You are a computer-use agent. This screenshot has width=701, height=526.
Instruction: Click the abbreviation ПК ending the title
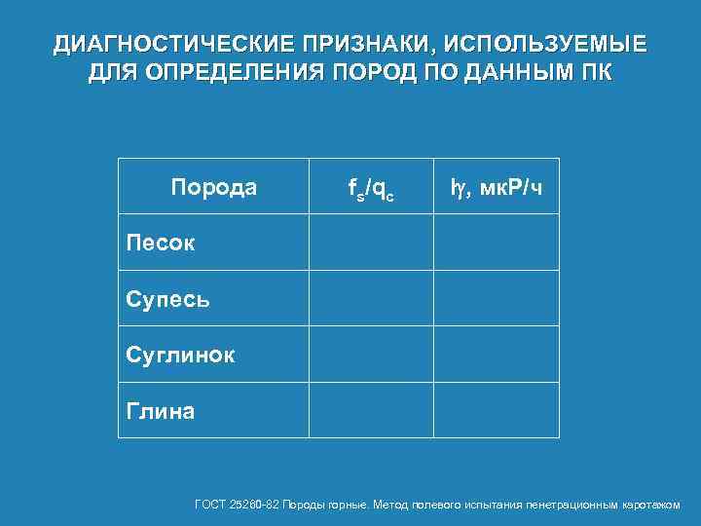(595, 73)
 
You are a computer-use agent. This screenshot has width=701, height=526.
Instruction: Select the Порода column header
(214, 187)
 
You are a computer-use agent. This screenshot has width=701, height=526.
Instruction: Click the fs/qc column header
(371, 187)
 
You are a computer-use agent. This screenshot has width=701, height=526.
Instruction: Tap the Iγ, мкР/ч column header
(496, 187)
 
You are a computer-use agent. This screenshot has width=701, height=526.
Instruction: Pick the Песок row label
(161, 243)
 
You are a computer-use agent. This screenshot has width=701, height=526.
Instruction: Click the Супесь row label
(167, 298)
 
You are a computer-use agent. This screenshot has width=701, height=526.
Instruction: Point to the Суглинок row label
(180, 355)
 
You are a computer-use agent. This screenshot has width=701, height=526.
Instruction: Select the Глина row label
(161, 411)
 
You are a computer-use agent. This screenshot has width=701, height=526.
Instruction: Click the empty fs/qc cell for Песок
(371, 243)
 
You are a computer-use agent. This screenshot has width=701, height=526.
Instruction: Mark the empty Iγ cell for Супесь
(496, 298)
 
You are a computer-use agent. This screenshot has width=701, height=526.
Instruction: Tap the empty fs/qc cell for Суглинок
(371, 355)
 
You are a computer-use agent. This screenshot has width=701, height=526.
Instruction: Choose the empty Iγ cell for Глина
(496, 411)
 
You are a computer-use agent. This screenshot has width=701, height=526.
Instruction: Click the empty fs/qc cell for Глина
(371, 411)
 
